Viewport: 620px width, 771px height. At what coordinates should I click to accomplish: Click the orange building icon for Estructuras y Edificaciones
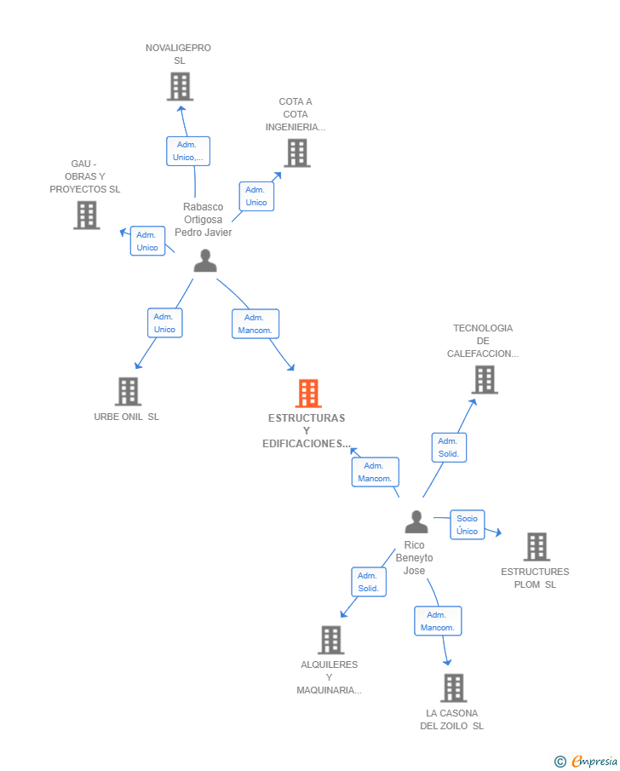tap(308, 394)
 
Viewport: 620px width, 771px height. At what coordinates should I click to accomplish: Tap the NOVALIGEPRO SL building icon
tap(180, 87)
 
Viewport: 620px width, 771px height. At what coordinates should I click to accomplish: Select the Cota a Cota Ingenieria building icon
tap(296, 153)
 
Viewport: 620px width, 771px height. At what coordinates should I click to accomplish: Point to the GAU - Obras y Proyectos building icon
tap(87, 216)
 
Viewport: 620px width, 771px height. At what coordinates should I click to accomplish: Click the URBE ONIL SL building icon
tap(128, 392)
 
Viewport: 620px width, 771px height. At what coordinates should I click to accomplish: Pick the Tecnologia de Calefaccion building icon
tap(485, 380)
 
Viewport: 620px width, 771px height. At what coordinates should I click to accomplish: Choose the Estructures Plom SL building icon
tap(537, 547)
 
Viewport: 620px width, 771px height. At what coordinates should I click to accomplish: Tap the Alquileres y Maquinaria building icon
tap(330, 640)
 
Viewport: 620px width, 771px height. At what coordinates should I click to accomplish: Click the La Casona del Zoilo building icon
tap(453, 688)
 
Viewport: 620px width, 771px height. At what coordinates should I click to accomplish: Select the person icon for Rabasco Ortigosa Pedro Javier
tap(205, 261)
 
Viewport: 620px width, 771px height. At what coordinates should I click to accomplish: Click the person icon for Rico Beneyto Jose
tap(416, 521)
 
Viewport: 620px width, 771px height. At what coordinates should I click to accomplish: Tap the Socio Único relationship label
tap(467, 525)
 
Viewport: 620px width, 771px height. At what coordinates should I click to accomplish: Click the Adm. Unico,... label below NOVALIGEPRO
tap(187, 151)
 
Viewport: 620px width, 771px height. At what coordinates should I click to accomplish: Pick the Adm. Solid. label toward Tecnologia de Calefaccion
tap(448, 447)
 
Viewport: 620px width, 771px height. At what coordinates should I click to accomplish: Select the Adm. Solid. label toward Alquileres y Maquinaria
tap(368, 582)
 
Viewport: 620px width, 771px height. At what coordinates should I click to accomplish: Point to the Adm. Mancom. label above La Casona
tap(437, 621)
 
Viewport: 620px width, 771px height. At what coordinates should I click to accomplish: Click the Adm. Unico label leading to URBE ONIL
tap(164, 323)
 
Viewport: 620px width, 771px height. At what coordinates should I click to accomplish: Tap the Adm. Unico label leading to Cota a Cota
tap(256, 197)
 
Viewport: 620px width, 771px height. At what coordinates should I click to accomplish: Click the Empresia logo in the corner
tap(586, 761)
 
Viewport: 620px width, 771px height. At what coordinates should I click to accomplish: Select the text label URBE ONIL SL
tap(126, 417)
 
